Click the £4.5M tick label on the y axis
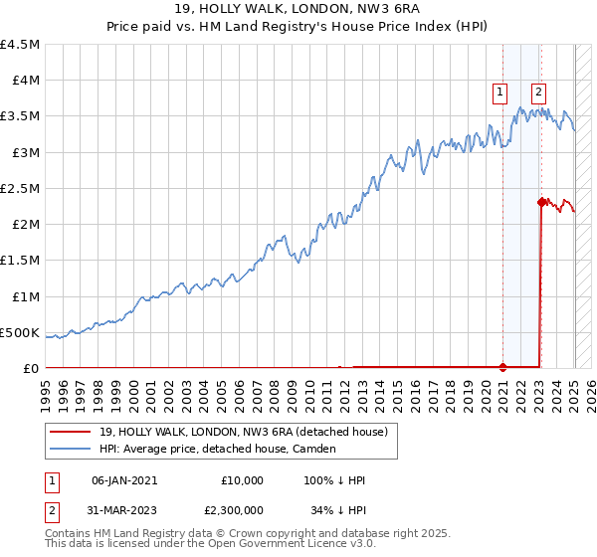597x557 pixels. [20, 45]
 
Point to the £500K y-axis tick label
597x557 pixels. [20, 332]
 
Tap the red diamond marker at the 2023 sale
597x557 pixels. [541, 202]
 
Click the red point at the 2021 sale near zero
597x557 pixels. [502, 367]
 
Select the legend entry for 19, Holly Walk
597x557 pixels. [249, 431]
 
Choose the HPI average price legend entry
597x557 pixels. [218, 449]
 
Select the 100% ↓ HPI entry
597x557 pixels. [335, 480]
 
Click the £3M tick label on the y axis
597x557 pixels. [25, 152]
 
